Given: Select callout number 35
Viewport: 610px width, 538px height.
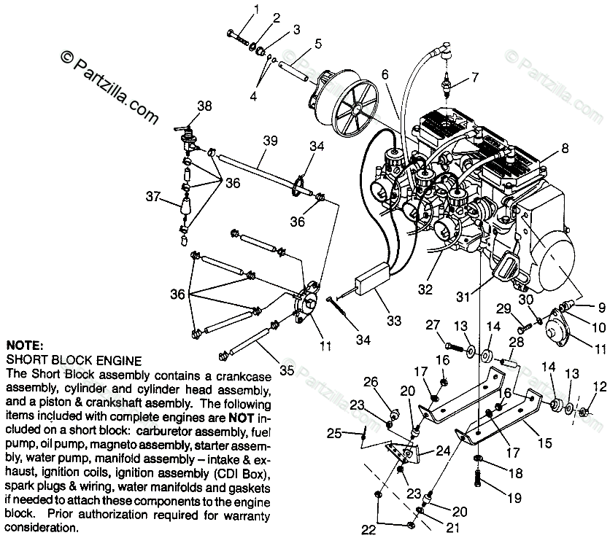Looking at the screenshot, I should (287, 370).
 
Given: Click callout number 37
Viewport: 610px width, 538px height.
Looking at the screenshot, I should (152, 196).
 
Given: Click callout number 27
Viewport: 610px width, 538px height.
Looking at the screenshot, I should (433, 324).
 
